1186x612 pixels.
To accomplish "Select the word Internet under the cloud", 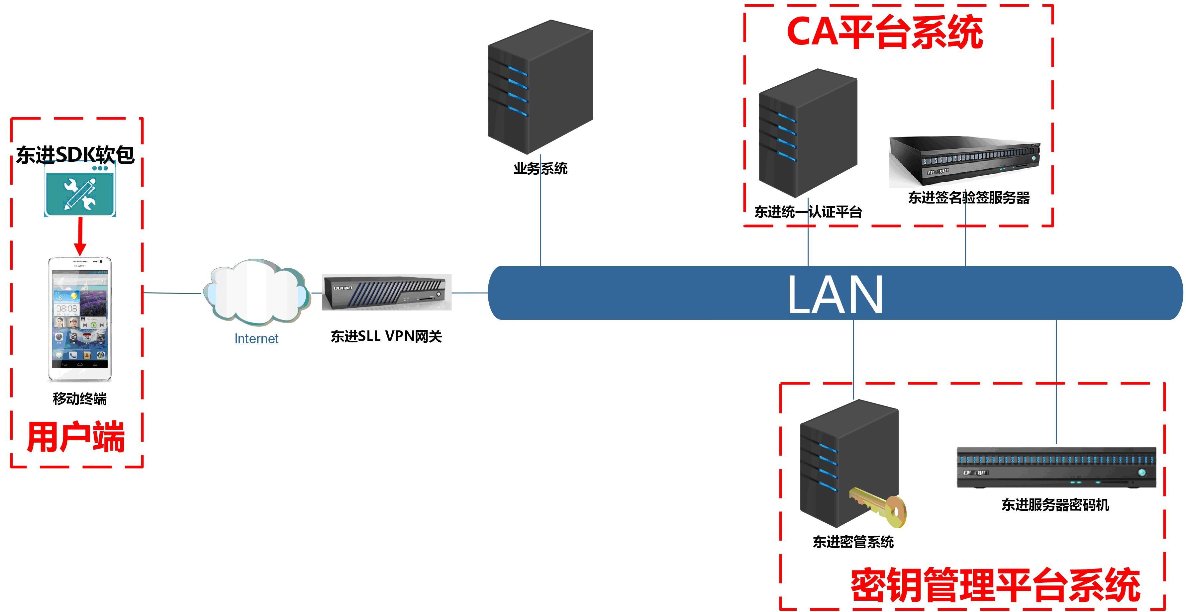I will point(256,339).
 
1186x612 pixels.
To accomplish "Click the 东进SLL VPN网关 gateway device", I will point(386,292).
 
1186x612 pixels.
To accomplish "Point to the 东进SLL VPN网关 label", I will point(386,336).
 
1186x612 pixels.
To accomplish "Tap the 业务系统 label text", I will point(540,168).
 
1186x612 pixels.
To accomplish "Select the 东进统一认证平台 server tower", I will point(808,133).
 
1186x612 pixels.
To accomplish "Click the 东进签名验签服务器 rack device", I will point(964,161).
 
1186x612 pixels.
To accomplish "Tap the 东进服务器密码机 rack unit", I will point(1056,467).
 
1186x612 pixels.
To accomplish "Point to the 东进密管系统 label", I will point(853,542).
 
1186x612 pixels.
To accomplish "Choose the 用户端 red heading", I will point(76,437).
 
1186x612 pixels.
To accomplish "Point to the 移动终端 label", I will point(80,398).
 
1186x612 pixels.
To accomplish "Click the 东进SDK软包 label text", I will point(75,155).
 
